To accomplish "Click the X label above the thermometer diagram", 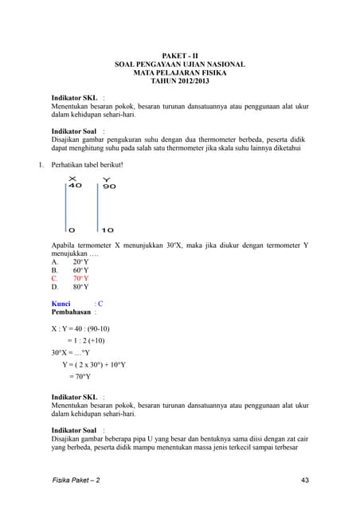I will click(72, 178).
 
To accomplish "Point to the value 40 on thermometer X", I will click(75, 186).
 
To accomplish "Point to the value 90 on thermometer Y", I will click(109, 186).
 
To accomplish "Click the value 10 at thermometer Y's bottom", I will click(108, 230).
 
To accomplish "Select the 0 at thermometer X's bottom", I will click(71, 230).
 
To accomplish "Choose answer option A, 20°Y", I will click(80, 261).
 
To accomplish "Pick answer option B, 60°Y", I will click(80, 270).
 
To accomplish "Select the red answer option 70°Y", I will click(80, 279).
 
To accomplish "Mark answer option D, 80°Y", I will click(80, 287).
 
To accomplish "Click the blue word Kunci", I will click(61, 304).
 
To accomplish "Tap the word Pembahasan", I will click(72, 312).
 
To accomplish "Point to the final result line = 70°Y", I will click(80, 377).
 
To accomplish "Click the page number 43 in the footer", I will click(306, 480).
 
